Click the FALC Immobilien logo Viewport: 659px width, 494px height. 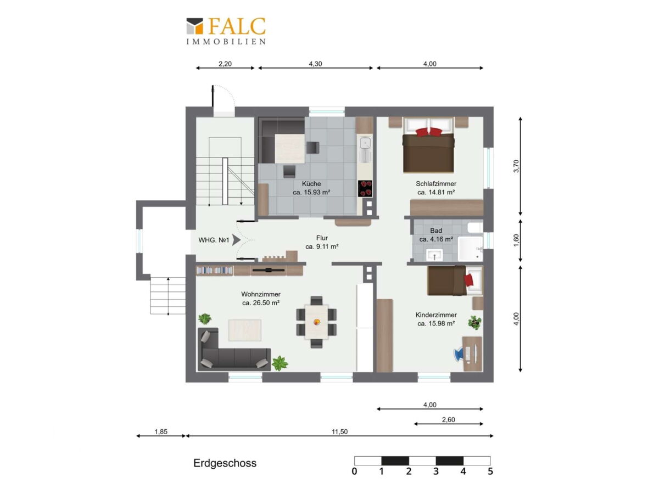[x=226, y=31]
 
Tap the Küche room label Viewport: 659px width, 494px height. [x=311, y=183]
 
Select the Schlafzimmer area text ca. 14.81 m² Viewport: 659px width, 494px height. [x=435, y=192]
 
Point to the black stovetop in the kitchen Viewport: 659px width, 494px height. [x=365, y=188]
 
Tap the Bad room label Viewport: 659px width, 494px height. [x=435, y=231]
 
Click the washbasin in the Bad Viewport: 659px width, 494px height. [x=434, y=255]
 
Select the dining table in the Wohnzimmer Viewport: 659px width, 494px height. [x=316, y=322]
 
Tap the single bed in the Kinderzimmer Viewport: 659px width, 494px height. [x=455, y=280]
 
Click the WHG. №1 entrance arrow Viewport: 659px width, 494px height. [x=236, y=240]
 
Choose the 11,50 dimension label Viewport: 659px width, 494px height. [x=339, y=431]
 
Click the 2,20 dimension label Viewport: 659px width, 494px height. [x=225, y=64]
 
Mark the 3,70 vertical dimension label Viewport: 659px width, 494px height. [x=516, y=166]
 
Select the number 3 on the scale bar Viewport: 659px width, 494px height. [x=435, y=471]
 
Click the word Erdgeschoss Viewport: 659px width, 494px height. [x=225, y=463]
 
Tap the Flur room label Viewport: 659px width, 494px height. [x=322, y=238]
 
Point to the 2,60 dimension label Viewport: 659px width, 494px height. [x=448, y=419]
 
